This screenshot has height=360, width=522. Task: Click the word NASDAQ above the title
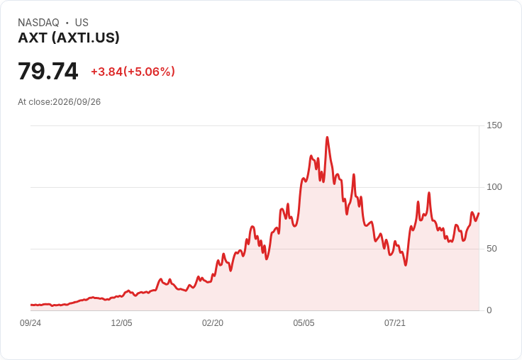tap(38, 23)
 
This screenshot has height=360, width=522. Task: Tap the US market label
tap(82, 23)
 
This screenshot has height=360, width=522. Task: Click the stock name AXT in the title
tap(33, 38)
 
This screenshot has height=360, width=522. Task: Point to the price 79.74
tap(48, 71)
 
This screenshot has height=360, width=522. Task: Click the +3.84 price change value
tap(107, 72)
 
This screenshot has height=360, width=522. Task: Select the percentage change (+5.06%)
tap(149, 72)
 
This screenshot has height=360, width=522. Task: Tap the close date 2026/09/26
tap(77, 102)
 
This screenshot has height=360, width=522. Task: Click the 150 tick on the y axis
tap(494, 125)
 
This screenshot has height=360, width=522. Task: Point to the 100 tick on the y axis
tap(494, 187)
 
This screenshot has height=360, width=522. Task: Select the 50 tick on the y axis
tap(492, 249)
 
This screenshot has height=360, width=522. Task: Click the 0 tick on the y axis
tap(489, 310)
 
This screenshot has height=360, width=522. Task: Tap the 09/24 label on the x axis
tap(30, 323)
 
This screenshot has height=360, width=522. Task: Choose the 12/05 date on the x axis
tap(121, 323)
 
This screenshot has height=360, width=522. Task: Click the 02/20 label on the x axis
tap(213, 323)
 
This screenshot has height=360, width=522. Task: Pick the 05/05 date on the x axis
tap(304, 323)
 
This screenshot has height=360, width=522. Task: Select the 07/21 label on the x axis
tap(395, 323)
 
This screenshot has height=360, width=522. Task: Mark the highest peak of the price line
tap(327, 137)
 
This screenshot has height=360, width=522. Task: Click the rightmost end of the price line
tap(479, 213)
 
